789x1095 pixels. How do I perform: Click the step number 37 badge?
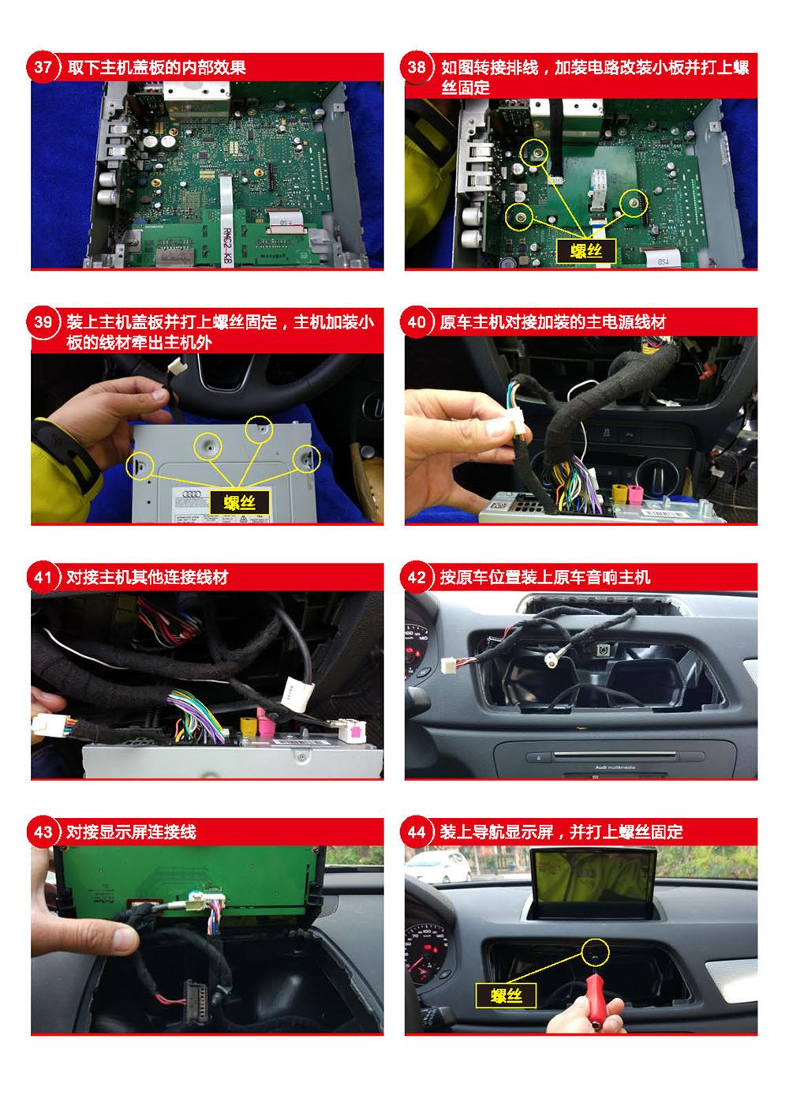click(x=43, y=66)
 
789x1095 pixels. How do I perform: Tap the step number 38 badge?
click(x=417, y=66)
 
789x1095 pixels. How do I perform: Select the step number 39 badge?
click(x=43, y=321)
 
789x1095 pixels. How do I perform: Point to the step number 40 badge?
click(x=417, y=321)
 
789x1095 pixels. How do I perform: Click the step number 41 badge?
click(x=43, y=577)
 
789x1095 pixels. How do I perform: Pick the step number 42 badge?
click(x=417, y=577)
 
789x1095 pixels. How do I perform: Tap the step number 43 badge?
click(x=43, y=832)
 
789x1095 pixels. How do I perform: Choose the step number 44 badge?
click(x=417, y=832)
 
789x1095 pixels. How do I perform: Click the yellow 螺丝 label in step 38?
click(x=586, y=251)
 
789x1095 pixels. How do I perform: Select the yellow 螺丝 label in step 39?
click(x=240, y=502)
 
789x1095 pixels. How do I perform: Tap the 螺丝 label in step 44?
click(x=506, y=996)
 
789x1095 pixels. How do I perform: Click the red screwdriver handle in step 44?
click(x=596, y=1000)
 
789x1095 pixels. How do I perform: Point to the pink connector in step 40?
click(x=635, y=494)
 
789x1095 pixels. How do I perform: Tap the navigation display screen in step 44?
click(x=593, y=877)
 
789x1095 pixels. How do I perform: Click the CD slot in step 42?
click(x=615, y=756)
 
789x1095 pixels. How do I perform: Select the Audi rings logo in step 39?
click(x=192, y=494)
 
